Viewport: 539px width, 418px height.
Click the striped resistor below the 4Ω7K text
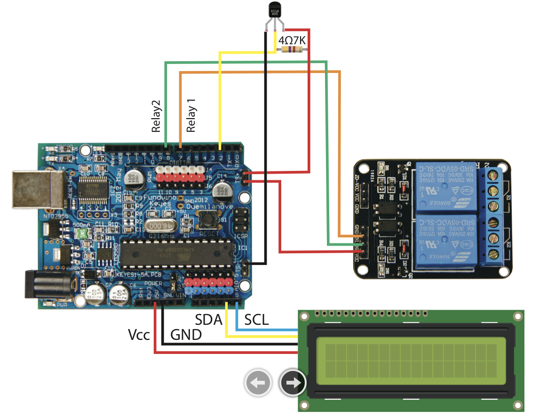click(x=292, y=50)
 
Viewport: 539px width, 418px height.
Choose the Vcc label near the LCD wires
click(x=139, y=335)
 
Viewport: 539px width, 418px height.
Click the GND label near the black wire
click(x=186, y=335)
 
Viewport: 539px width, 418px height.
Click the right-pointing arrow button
click(x=293, y=383)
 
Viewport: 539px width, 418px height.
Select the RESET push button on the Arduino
click(x=206, y=219)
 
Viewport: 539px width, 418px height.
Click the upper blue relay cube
click(x=444, y=186)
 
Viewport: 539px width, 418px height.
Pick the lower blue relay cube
click(x=444, y=241)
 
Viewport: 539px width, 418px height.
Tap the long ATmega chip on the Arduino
click(x=176, y=249)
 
